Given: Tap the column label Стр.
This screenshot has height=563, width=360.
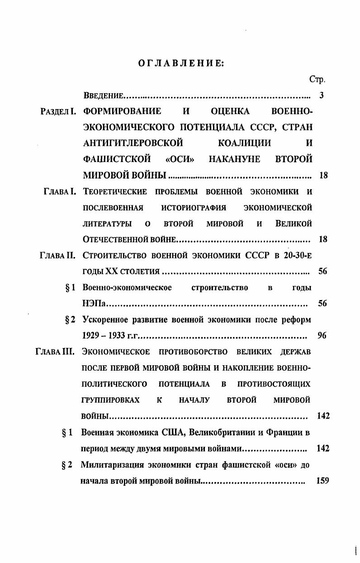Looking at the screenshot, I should (317, 79).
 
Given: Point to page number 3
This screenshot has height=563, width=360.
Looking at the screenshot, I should (321, 95).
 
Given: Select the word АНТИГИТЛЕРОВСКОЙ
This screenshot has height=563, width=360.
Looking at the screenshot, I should (133, 143).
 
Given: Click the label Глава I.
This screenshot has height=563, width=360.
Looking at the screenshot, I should (62, 191).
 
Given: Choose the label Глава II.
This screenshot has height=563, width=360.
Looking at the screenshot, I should (60, 255).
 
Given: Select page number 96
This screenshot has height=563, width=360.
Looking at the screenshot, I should (322, 336).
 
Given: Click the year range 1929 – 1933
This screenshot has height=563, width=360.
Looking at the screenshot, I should (103, 336).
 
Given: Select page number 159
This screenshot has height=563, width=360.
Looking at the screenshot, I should (322, 481).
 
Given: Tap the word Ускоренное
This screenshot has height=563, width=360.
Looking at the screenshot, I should (106, 320).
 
